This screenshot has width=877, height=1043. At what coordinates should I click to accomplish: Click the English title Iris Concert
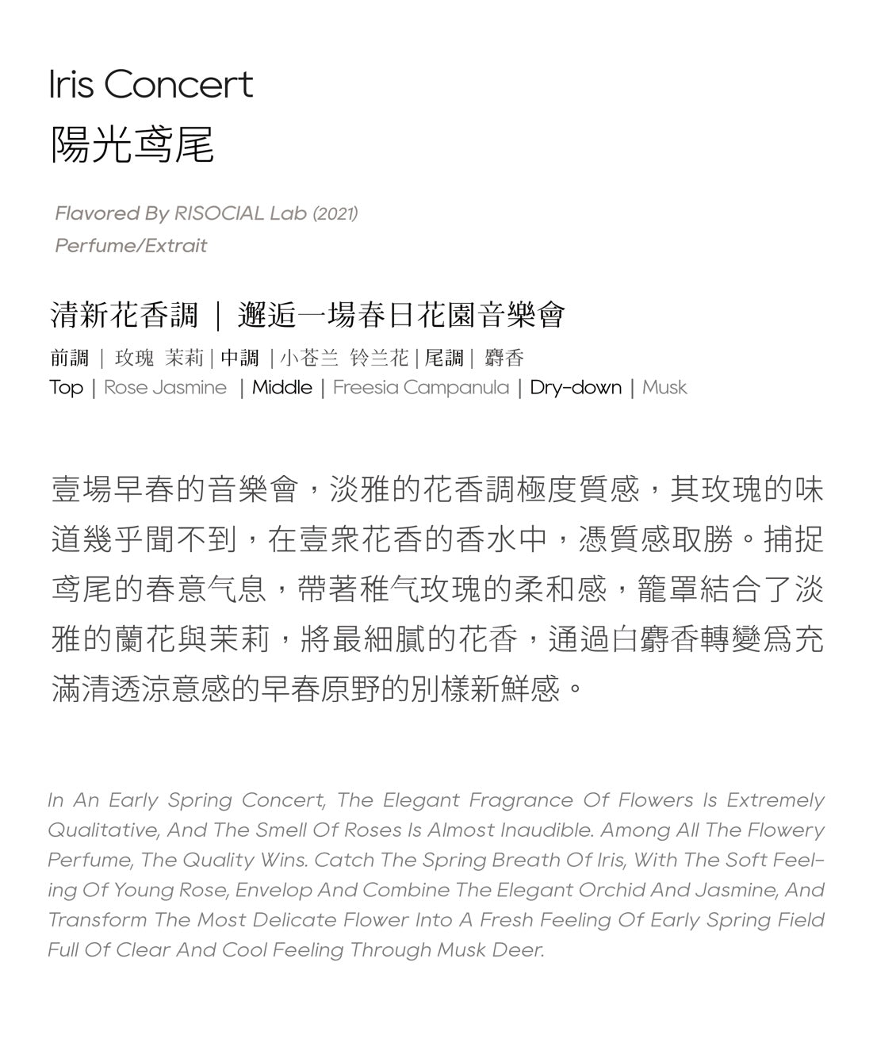pos(151,84)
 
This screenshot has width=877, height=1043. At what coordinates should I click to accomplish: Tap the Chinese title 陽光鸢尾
pos(132,145)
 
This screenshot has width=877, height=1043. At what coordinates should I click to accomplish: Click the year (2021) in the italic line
pos(335,213)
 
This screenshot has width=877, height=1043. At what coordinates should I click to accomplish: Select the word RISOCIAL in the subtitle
pos(219,213)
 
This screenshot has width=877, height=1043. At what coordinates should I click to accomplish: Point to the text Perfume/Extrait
pos(131,246)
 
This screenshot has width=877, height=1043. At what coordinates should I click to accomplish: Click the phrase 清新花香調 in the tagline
pos(124,316)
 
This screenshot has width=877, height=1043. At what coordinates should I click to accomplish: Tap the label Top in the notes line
pos(66,388)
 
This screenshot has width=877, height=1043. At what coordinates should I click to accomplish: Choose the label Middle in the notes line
pos(282,388)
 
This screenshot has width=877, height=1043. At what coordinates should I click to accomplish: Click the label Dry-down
pos(576,388)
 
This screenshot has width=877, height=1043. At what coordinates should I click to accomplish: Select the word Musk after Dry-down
pos(664,388)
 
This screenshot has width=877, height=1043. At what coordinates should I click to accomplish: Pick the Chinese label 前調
pos(70,359)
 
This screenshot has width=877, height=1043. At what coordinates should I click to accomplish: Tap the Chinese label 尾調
pos(444,359)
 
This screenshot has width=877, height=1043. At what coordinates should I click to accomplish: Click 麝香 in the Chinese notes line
pos(504,359)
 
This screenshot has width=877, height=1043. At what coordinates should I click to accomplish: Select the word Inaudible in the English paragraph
pos(547,830)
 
